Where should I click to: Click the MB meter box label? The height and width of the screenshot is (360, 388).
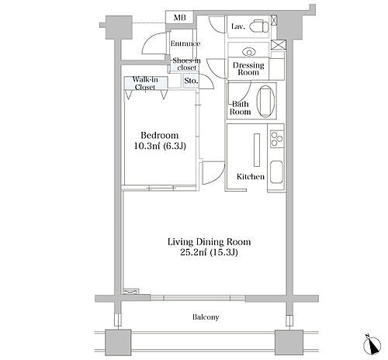pos(180,18)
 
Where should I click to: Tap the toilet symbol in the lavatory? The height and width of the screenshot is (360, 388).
pos(259,26)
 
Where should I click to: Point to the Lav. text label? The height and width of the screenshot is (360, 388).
pos(238,26)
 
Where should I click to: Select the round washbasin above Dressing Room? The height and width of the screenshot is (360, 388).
pos(249,52)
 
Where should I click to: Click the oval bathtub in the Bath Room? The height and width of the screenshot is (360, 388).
pos(265,102)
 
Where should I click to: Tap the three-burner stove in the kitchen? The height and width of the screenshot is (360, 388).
pos(277,139)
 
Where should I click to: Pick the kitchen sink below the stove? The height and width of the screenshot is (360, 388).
pos(277,172)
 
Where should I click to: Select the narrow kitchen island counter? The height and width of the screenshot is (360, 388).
pos(257,150)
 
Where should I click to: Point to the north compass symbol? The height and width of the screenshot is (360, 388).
pos(372,344)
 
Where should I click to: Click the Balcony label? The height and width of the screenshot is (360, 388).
pos(206,317)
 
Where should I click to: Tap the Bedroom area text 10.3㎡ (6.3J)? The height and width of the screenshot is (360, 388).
pos(160,146)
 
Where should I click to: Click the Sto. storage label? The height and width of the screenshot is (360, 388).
pos(191,81)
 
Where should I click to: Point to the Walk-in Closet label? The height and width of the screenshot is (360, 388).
pos(145,83)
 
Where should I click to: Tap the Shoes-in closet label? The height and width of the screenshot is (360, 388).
pos(186,64)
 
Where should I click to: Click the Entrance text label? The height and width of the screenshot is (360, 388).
pos(185,43)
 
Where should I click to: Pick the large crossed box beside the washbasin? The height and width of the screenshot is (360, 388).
pos(279,45)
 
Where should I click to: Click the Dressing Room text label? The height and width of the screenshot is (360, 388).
pos(248,68)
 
